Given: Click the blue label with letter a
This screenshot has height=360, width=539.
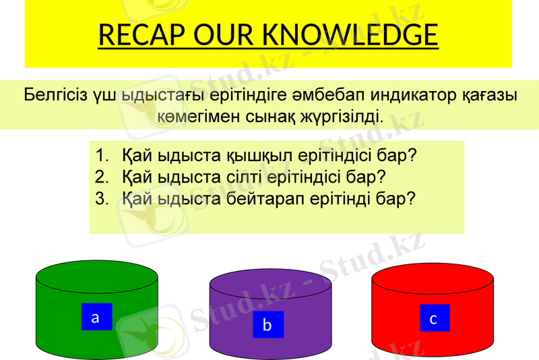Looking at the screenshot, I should [96, 317].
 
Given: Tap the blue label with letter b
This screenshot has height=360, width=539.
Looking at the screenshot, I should [268, 325].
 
